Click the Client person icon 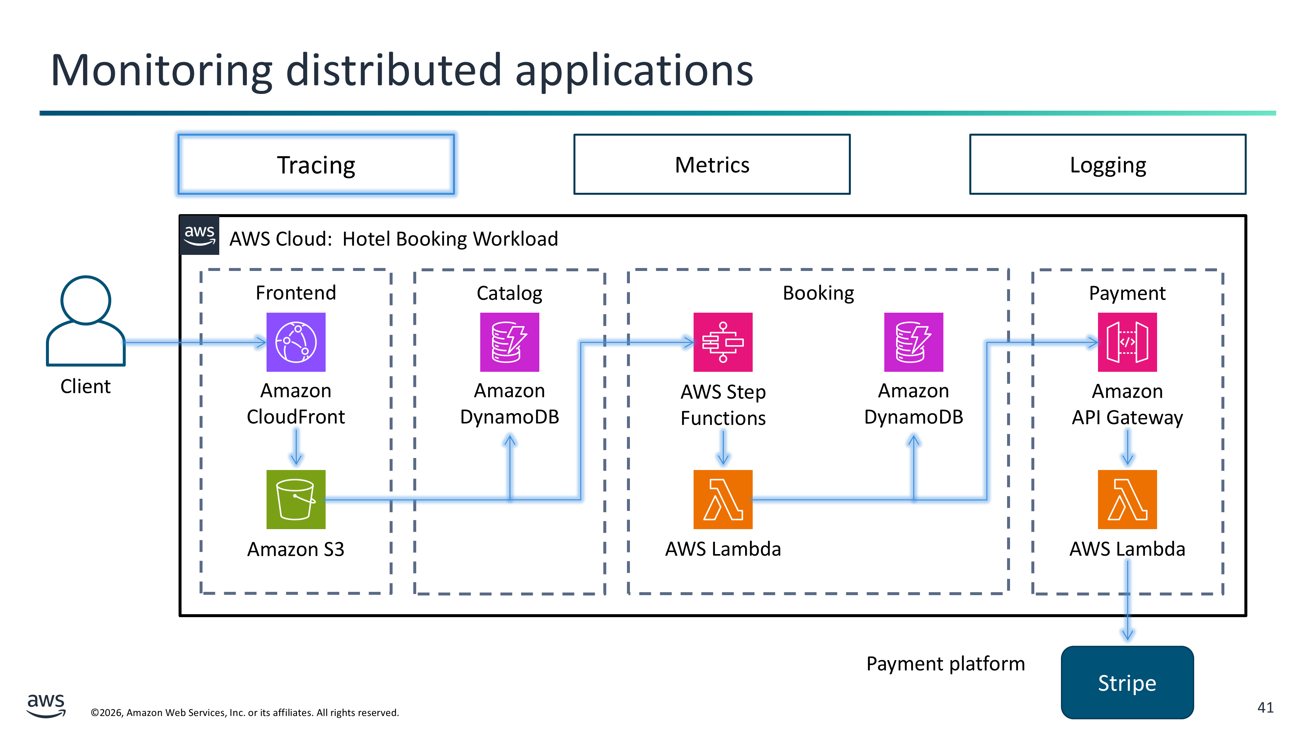[86, 321]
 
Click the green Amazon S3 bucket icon [296, 499]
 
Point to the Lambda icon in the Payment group [1127, 499]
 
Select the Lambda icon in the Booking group [723, 499]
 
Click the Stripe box [1127, 683]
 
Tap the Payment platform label [945, 663]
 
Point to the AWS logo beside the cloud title [199, 235]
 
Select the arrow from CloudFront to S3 [296, 447]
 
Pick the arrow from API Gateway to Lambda [1127, 447]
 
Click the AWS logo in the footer [46, 705]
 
